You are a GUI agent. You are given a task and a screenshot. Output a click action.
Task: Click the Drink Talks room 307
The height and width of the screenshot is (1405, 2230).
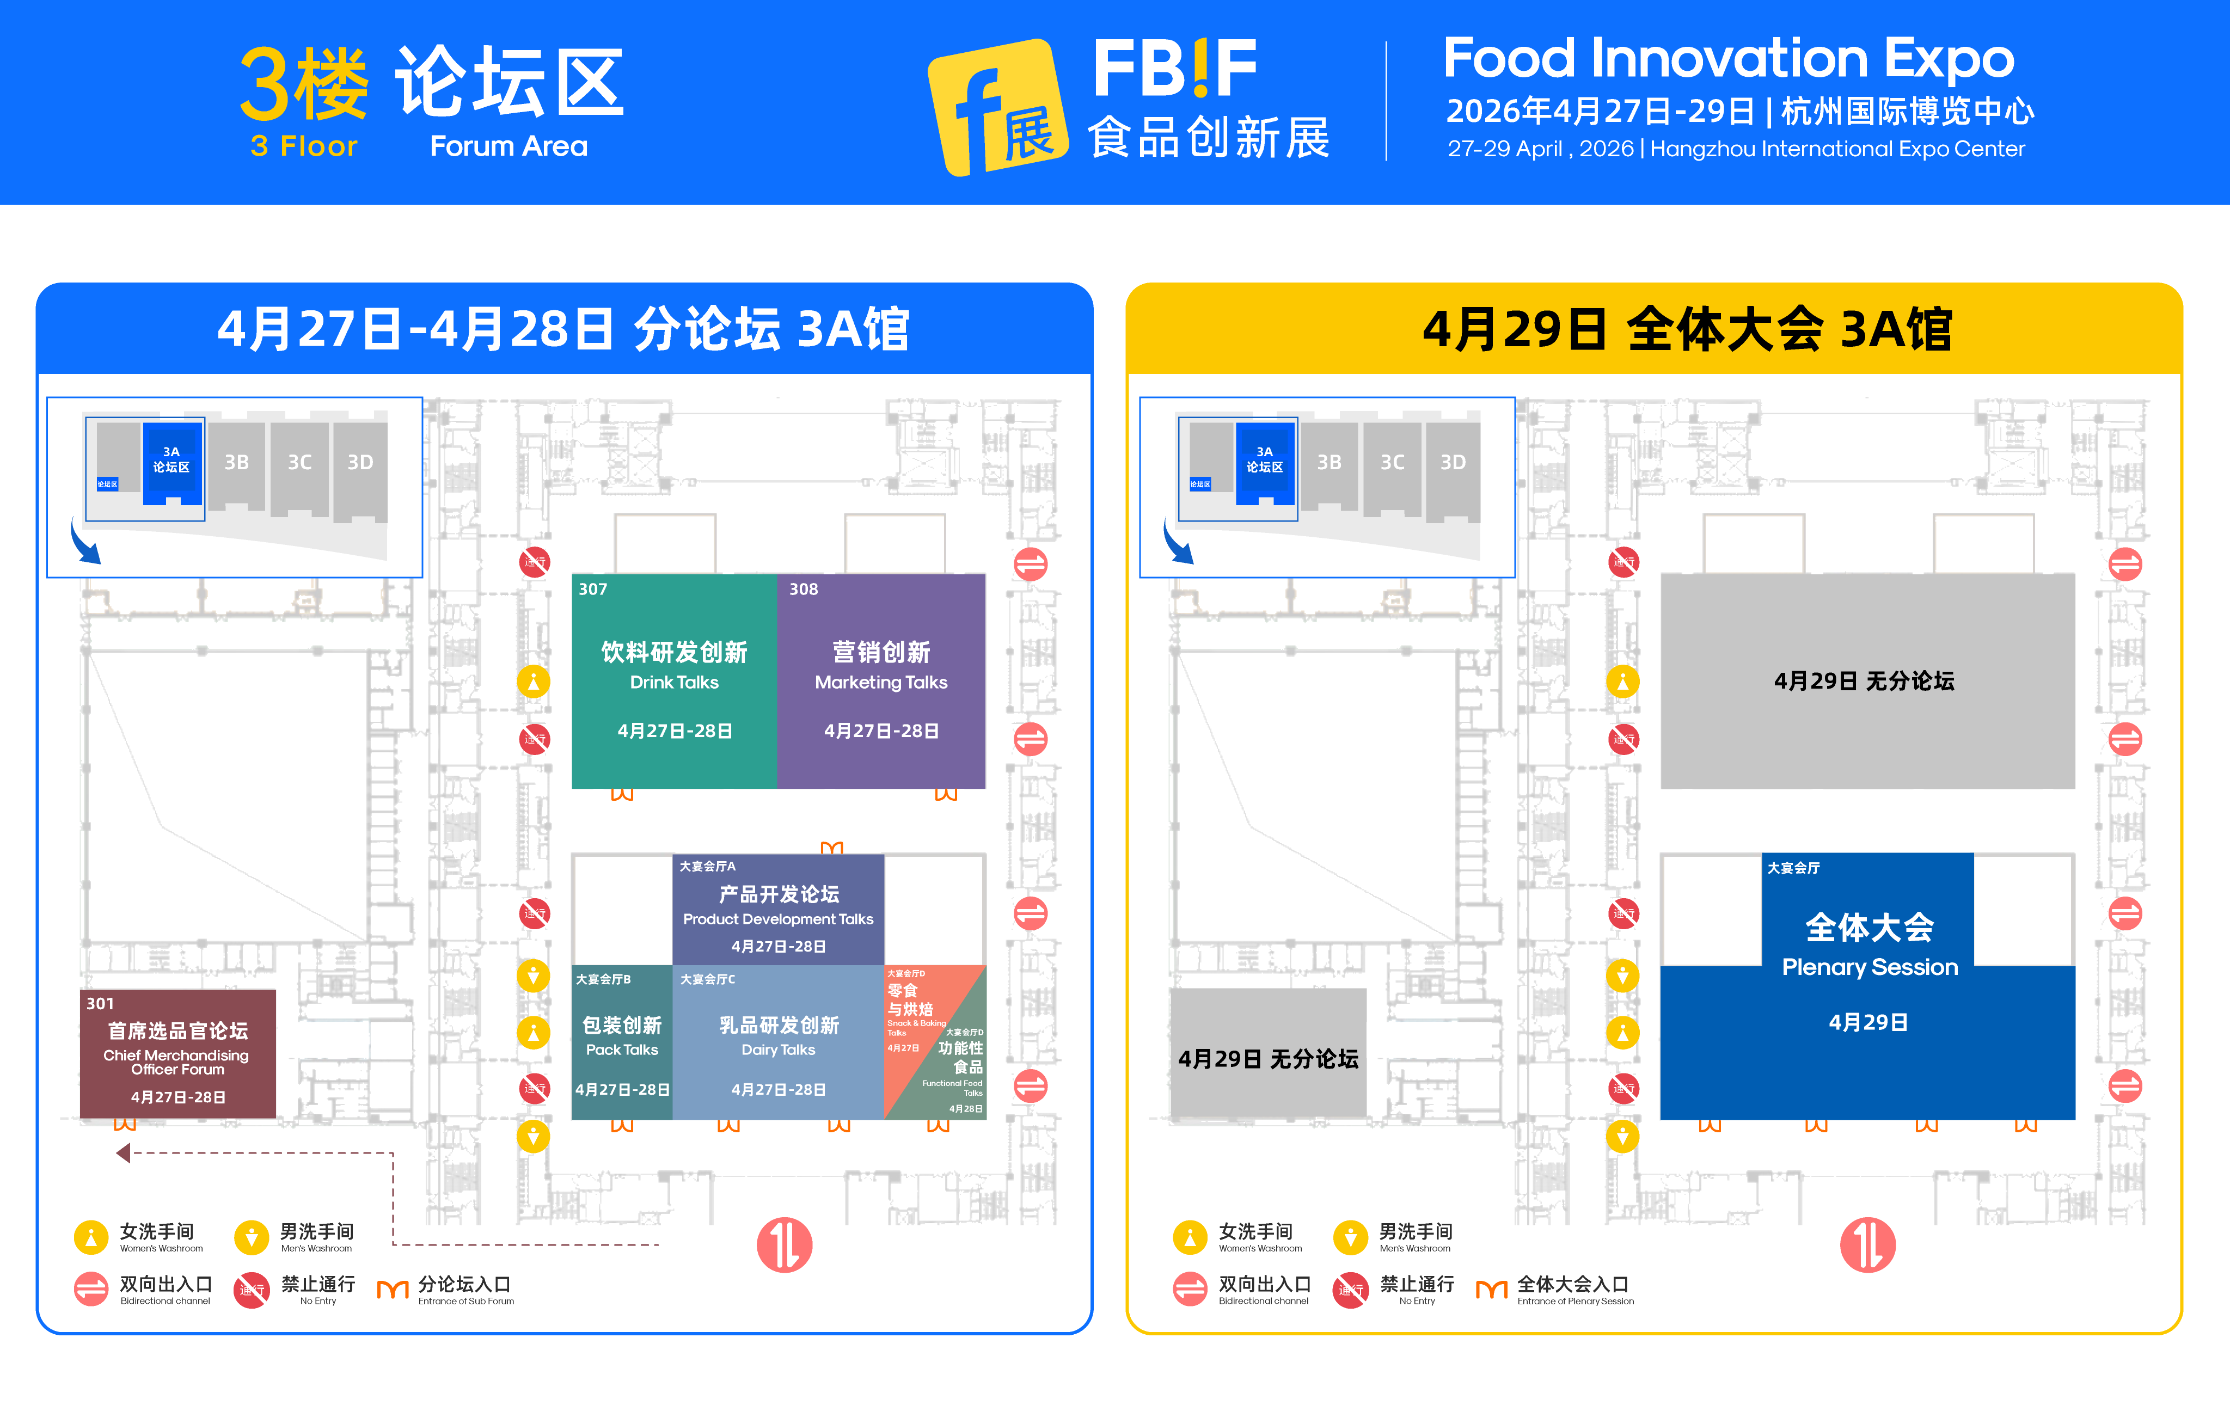(x=673, y=681)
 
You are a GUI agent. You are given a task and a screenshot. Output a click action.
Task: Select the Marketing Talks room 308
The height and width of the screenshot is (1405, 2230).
(x=881, y=681)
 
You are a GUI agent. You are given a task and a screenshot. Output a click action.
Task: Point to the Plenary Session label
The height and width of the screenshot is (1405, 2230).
(x=1869, y=967)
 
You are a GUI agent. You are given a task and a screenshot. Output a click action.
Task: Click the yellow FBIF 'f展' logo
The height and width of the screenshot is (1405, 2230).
(x=998, y=107)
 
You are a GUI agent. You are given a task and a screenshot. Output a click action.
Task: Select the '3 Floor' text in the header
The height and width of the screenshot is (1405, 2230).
(x=304, y=146)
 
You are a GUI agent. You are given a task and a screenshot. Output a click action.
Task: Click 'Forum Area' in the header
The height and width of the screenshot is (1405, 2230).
(x=509, y=146)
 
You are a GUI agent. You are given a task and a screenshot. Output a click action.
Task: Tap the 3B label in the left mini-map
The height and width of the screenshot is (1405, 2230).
(x=236, y=462)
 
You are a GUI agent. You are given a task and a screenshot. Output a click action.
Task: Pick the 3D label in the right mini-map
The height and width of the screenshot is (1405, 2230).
(x=1452, y=462)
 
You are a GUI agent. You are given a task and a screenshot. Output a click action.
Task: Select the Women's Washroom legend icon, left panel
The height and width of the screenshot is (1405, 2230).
(x=91, y=1236)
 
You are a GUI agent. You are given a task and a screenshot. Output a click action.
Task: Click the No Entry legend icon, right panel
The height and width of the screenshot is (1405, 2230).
(x=1350, y=1289)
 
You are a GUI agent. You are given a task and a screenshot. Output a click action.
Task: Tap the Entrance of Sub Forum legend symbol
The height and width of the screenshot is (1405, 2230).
(x=393, y=1289)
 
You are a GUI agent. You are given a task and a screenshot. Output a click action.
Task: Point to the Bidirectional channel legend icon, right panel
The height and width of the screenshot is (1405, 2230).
(x=1190, y=1289)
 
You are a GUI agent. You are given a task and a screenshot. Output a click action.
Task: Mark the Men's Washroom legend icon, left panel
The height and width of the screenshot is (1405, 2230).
(x=251, y=1236)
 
